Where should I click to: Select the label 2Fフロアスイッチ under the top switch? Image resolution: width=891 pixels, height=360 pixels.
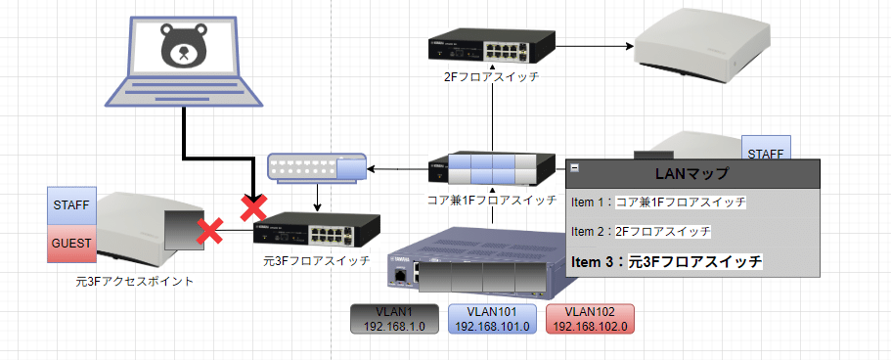[490, 78]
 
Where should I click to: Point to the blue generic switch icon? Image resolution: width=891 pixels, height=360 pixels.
[316, 167]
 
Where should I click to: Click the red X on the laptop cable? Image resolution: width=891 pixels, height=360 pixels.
[252, 207]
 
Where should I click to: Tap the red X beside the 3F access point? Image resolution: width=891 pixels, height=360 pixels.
[208, 231]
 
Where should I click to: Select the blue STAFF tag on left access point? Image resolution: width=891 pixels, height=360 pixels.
[70, 206]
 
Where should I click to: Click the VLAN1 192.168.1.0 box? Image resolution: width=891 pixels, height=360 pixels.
[394, 320]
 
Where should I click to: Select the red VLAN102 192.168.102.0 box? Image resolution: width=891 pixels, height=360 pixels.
[590, 320]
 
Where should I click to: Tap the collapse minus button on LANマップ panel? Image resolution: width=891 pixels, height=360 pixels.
[574, 168]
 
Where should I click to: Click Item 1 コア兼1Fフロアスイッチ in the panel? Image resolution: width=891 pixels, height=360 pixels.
[658, 202]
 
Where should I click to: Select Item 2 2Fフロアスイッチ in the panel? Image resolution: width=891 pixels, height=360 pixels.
[641, 232]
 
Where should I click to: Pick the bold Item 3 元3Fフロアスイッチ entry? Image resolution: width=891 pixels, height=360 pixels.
[666, 262]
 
